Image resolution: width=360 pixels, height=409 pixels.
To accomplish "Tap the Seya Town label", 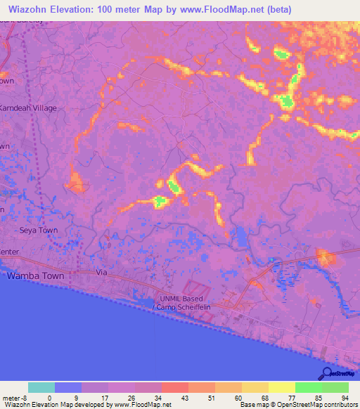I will [x=38, y=231].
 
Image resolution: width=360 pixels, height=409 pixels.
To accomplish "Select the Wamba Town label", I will [x=35, y=276].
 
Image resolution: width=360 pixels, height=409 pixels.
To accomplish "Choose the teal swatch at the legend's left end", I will [x=41, y=387].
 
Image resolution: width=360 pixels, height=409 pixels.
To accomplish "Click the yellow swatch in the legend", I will [x=282, y=387].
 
